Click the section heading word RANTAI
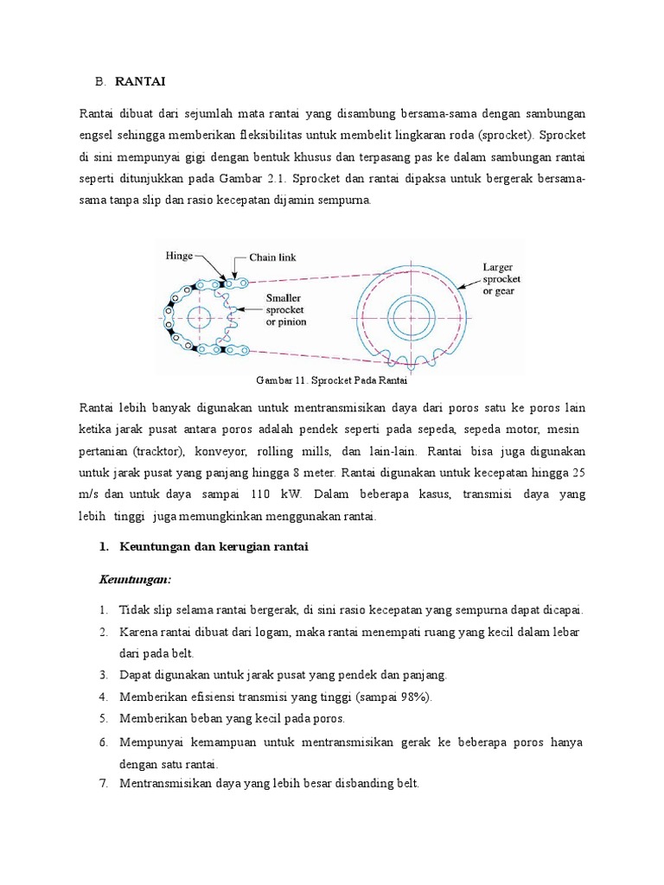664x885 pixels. click(139, 81)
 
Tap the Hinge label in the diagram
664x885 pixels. click(179, 256)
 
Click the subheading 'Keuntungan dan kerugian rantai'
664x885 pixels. click(214, 547)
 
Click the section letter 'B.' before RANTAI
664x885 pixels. click(100, 81)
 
